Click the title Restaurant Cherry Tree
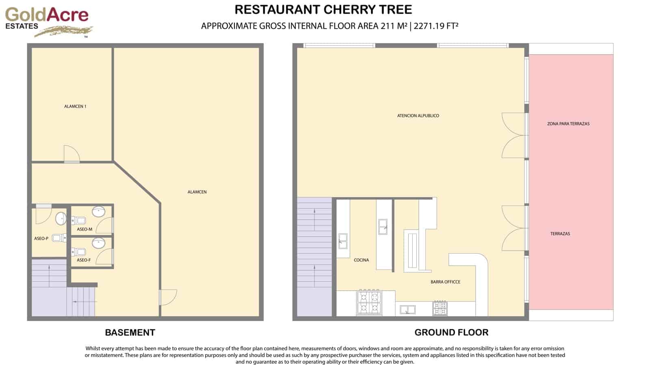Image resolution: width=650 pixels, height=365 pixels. tap(323, 9)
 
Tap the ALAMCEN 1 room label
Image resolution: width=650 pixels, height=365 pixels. tap(75, 106)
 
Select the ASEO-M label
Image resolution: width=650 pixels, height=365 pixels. tap(84, 229)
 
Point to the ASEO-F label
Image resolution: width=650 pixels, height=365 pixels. tap(84, 260)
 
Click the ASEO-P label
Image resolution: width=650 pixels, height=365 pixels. tap(41, 239)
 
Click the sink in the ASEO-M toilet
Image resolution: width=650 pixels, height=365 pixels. tap(99, 212)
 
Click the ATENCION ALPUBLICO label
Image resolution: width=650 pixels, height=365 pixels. tap(418, 116)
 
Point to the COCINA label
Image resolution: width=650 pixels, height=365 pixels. tap(361, 260)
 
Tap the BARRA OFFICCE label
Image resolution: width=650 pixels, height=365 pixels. tap(445, 282)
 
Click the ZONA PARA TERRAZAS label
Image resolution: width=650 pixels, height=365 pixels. tap(568, 124)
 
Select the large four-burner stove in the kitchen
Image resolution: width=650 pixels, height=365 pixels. tap(369, 303)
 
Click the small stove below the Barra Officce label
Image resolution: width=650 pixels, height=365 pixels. tap(440, 308)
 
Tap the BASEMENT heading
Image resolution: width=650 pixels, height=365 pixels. tap(130, 333)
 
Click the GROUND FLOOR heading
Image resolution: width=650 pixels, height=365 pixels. tap(451, 333)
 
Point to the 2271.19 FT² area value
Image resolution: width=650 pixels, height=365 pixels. tap(436, 26)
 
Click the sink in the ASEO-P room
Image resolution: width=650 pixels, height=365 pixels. tap(61, 218)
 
